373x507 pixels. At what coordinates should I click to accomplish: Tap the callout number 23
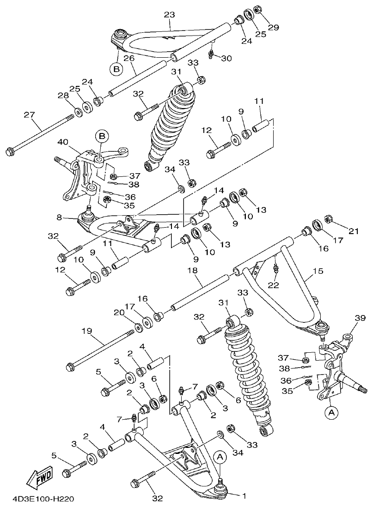point(169,15)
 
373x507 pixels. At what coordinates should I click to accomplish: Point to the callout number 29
point(274,27)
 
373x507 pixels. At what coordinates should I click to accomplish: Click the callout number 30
point(226,58)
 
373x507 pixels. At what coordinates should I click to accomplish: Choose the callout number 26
point(129,59)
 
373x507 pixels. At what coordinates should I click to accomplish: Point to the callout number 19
point(87,331)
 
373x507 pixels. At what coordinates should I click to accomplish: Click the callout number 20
point(120,313)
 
